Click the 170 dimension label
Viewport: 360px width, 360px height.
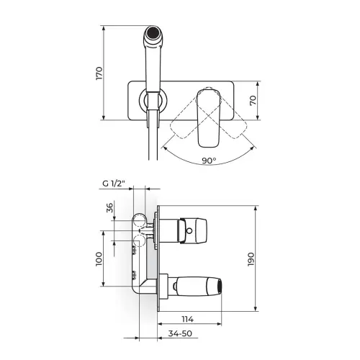click(99, 73)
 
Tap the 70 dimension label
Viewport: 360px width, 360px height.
click(253, 100)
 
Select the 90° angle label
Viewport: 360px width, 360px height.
click(209, 161)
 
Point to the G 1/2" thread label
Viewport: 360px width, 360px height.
click(114, 184)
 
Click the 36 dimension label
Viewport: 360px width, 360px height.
click(109, 208)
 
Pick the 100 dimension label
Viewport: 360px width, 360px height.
click(99, 258)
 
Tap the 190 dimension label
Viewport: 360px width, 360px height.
click(251, 259)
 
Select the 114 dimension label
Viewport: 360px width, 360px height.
click(187, 319)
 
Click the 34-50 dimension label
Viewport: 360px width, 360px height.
click(180, 333)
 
